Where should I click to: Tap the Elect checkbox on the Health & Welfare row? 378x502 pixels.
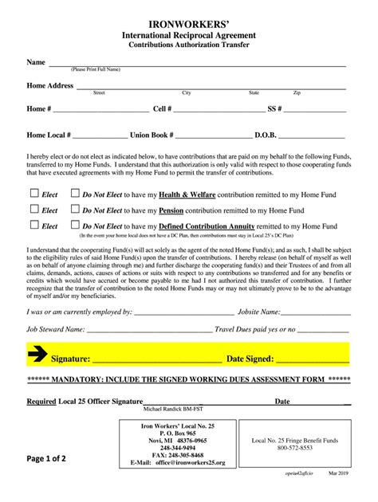click(34, 192)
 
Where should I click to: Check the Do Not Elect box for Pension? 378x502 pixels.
click(75, 209)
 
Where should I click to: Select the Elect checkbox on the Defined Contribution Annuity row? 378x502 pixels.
click(34, 225)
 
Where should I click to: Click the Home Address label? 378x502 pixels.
click(49, 85)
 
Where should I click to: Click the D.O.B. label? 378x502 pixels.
click(268, 135)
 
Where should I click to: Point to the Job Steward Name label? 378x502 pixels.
click(55, 328)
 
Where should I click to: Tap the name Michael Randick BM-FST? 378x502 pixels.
click(173, 409)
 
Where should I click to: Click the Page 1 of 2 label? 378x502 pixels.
click(47, 459)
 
